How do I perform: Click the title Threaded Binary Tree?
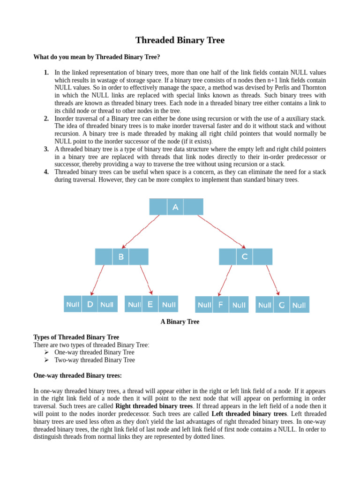(x=180, y=40)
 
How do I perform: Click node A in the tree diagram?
(x=175, y=207)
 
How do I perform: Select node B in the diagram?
(x=121, y=257)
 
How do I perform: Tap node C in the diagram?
(x=245, y=257)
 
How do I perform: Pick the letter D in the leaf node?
(x=90, y=304)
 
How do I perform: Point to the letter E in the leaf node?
(x=150, y=304)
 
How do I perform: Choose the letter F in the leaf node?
(x=220, y=305)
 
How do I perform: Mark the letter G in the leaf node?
(x=281, y=305)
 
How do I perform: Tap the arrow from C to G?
(x=273, y=280)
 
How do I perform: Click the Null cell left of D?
(x=73, y=304)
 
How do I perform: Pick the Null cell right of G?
(x=299, y=305)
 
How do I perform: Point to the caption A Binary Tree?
(x=180, y=322)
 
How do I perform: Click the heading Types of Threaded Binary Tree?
(x=76, y=337)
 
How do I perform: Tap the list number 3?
(x=46, y=149)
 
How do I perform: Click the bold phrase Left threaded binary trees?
(x=249, y=414)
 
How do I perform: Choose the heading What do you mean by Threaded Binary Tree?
(x=97, y=57)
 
